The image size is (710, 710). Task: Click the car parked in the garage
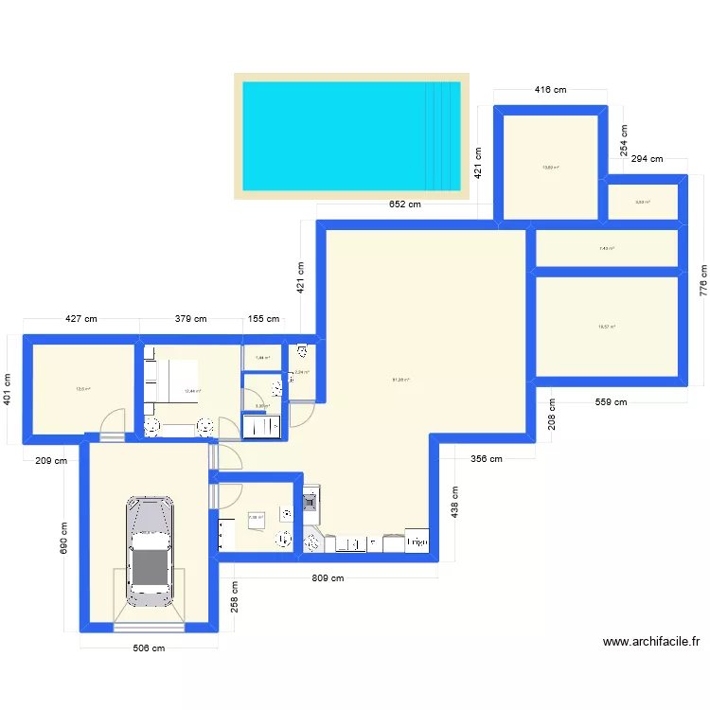tap(150, 550)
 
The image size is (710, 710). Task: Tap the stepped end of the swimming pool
tap(442, 135)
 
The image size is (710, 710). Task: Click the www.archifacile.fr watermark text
tap(651, 641)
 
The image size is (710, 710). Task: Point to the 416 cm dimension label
tap(550, 90)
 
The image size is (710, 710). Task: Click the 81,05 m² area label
tap(400, 381)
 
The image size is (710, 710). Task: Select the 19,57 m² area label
tap(606, 327)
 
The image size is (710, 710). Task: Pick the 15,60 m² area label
tap(550, 168)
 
